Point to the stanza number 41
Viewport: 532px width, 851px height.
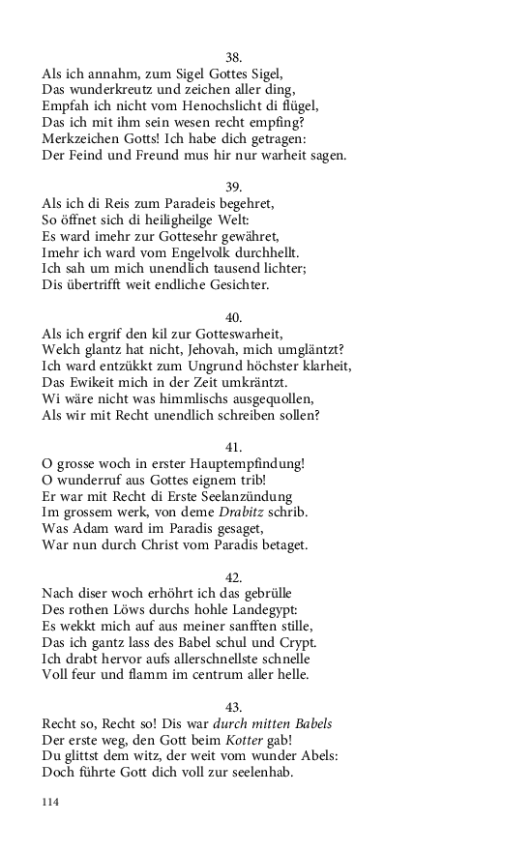pos(233,448)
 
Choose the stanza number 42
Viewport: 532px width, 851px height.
pos(233,578)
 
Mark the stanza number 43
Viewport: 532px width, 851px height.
pos(233,708)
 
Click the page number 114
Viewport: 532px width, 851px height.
pos(51,802)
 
